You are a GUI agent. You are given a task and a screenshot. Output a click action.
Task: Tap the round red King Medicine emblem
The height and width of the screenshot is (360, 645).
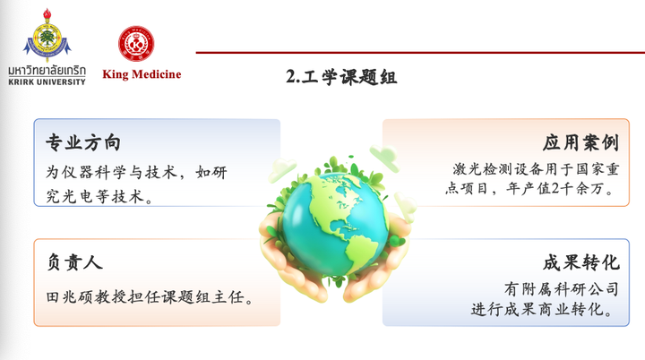pyautogui.click(x=136, y=44)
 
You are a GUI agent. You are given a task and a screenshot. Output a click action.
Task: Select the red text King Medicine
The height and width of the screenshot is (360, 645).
pyautogui.click(x=142, y=74)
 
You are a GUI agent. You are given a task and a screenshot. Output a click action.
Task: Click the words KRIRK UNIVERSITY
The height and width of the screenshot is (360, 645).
pyautogui.click(x=47, y=81)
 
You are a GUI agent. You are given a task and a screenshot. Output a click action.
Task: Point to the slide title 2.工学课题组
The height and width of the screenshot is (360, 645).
pyautogui.click(x=341, y=77)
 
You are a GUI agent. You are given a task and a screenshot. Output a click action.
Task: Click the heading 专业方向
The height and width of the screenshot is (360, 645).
pyautogui.click(x=83, y=142)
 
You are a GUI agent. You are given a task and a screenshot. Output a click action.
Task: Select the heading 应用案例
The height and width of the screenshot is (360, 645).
pyautogui.click(x=580, y=142)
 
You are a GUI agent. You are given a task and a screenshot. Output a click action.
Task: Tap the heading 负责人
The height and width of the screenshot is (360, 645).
pyautogui.click(x=74, y=262)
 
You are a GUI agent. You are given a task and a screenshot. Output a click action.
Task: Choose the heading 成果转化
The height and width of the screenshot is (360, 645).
pyautogui.click(x=580, y=262)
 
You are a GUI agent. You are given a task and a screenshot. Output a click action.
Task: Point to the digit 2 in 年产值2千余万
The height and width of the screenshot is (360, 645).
pyautogui.click(x=555, y=188)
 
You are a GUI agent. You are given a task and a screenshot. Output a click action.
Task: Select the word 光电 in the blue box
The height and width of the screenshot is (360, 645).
pyautogui.click(x=71, y=197)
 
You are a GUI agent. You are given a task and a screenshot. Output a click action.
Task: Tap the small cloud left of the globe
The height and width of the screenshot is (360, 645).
pyautogui.click(x=282, y=170)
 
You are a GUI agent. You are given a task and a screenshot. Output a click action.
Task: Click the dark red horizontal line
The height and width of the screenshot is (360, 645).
pyautogui.click(x=420, y=52)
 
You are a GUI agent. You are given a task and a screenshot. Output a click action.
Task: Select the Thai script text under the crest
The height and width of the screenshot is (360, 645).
pyautogui.click(x=47, y=71)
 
